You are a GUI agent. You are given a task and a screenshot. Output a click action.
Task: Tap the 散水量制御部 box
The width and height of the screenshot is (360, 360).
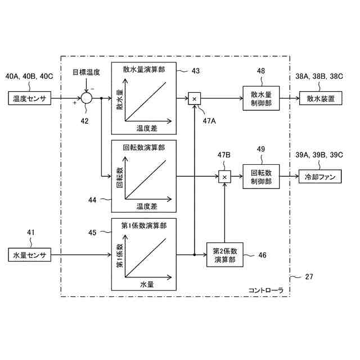(x=260, y=98)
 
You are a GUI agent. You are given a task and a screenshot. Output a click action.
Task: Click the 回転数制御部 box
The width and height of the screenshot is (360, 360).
(x=260, y=177)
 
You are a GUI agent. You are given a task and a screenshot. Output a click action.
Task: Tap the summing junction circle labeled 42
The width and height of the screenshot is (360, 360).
(x=86, y=98)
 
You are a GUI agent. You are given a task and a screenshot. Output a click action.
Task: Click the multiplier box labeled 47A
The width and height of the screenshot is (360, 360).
(x=194, y=98)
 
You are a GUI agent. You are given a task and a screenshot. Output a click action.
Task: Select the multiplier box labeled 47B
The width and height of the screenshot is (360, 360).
(x=224, y=177)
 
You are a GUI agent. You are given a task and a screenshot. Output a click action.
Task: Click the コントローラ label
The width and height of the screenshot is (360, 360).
(x=265, y=290)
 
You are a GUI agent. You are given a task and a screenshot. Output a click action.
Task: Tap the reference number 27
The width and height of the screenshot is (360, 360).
(x=309, y=277)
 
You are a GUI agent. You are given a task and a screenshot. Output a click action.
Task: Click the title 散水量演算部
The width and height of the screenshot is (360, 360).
(x=144, y=70)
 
